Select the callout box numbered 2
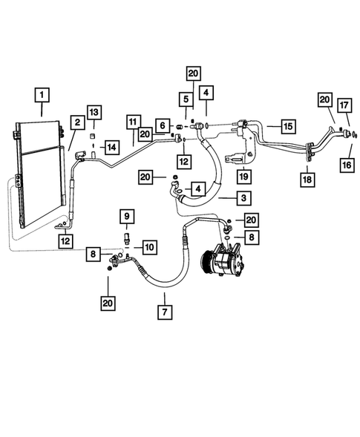76,122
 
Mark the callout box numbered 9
126,216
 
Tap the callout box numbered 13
93,111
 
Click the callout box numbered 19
242,176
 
